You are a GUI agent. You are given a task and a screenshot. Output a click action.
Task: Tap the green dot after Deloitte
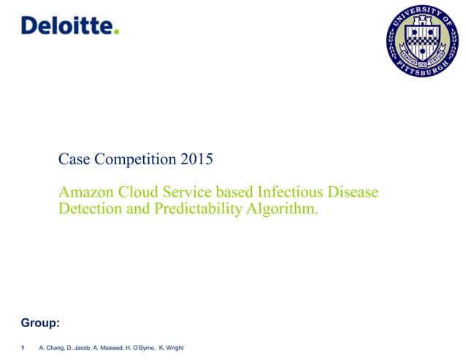point(115,31)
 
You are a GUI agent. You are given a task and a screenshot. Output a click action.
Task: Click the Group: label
point(40,322)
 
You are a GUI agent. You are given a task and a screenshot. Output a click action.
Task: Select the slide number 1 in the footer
point(24,348)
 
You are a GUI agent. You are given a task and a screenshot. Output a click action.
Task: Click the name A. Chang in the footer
point(52,348)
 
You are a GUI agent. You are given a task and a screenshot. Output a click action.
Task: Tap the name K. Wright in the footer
point(171,348)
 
